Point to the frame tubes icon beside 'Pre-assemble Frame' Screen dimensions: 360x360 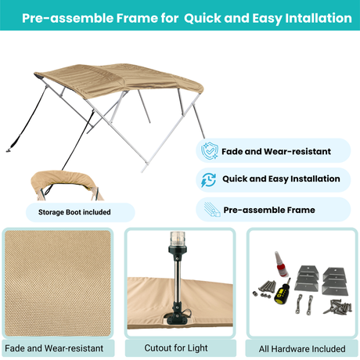(209, 209)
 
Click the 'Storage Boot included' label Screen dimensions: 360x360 (74, 211)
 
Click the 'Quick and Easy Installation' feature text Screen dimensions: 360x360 (280, 179)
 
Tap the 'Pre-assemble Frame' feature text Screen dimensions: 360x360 (268, 210)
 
